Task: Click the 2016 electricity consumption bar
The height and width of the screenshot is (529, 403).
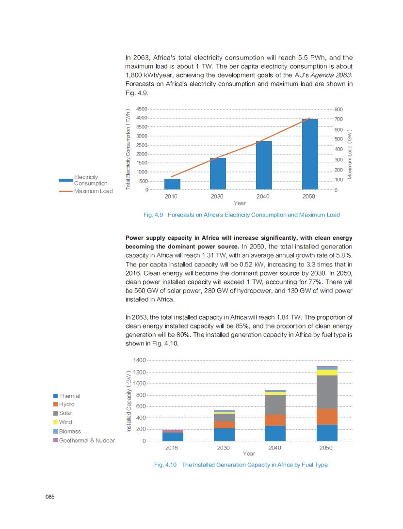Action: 172,184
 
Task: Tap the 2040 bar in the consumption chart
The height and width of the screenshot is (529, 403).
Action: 264,165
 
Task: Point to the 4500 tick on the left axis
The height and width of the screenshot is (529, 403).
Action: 142,109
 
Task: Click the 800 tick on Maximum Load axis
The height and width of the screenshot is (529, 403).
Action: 339,109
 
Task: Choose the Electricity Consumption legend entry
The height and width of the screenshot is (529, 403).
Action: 85,180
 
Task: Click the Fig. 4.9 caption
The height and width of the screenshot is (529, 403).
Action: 241,215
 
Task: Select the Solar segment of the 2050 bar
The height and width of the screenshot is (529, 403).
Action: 327,392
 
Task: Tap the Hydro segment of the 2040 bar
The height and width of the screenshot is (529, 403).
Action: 275,420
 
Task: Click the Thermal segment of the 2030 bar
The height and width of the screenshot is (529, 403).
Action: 224,435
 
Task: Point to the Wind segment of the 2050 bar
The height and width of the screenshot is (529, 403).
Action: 327,373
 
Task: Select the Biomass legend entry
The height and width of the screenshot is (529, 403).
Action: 70,431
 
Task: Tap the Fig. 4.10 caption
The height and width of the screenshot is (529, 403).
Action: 241,465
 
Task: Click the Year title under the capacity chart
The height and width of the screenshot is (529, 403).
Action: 249,454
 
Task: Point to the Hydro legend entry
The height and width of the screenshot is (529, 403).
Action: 66,404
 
